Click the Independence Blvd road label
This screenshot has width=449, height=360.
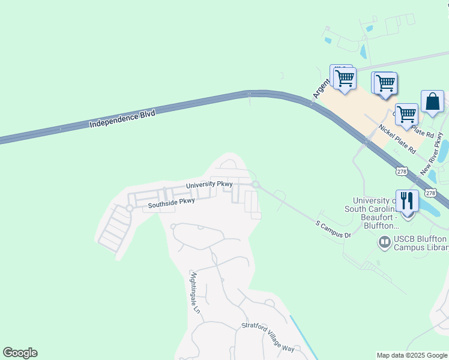click(x=122, y=118)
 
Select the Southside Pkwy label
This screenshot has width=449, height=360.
click(x=171, y=203)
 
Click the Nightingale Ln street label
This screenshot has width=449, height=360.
click(x=194, y=293)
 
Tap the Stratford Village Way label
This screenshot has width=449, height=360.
click(x=268, y=337)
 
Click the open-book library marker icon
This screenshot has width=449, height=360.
click(x=384, y=242)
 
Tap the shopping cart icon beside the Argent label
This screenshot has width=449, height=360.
click(x=344, y=78)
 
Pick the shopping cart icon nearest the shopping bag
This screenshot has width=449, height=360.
click(x=407, y=114)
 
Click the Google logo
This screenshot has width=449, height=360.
click(x=20, y=353)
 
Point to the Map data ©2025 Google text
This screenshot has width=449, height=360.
click(x=412, y=355)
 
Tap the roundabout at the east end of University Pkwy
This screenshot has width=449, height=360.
click(x=255, y=184)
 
